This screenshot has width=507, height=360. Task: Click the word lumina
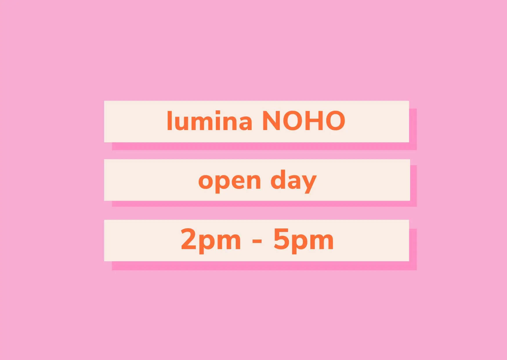(x=209, y=120)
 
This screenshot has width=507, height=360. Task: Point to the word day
(x=293, y=181)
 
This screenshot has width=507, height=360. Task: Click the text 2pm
(x=211, y=240)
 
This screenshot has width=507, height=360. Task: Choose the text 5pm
(x=303, y=240)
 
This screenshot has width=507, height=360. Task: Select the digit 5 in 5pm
(x=281, y=239)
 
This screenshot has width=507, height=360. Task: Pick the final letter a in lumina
(x=245, y=123)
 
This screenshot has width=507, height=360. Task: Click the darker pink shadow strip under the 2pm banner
(x=264, y=266)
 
